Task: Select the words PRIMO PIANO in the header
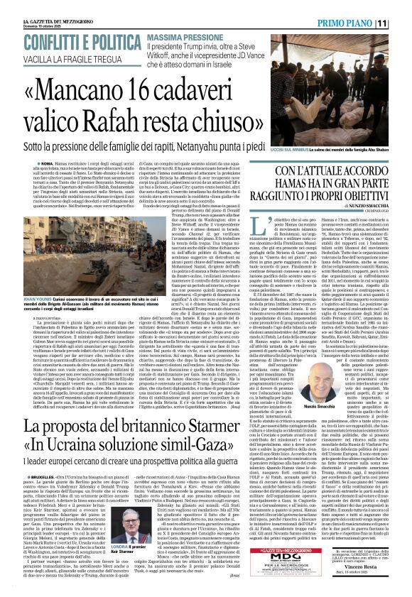(356, 23)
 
